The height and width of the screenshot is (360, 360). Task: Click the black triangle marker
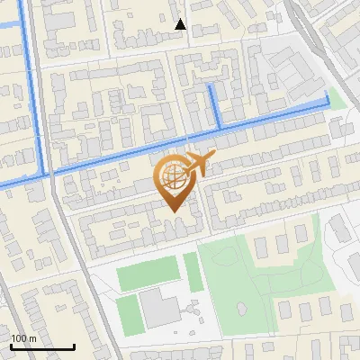(180, 24)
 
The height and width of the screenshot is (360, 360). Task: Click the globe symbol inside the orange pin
(175, 177)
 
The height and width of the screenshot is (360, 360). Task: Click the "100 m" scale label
(24, 337)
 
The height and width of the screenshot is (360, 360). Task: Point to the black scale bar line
(42, 346)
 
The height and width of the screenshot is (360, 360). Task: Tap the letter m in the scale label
(33, 337)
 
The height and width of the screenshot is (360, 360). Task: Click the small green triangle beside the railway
(337, 99)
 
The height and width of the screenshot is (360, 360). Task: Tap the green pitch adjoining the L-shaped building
(130, 311)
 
